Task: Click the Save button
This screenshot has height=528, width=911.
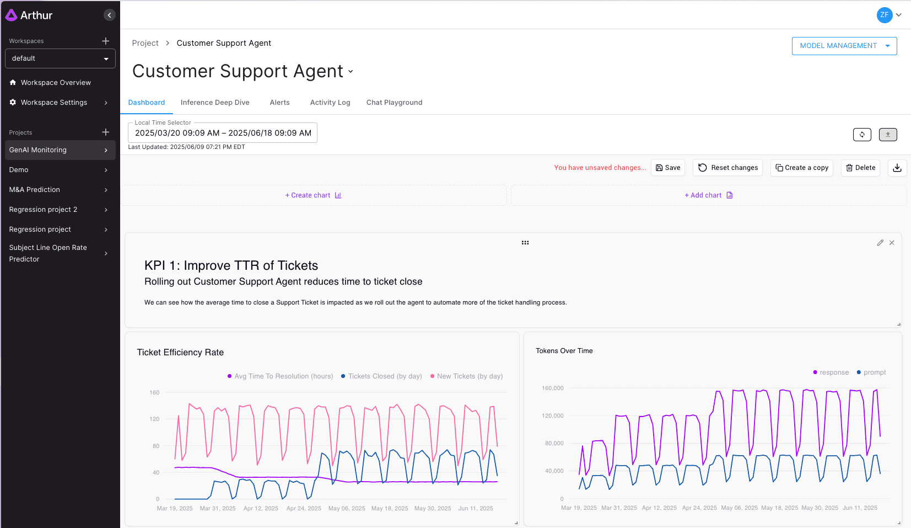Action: pos(667,168)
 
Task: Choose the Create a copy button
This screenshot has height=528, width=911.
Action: pos(802,168)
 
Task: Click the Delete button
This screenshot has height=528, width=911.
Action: pos(860,168)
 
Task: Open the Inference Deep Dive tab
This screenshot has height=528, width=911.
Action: pos(215,103)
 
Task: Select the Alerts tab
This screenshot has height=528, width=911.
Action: pos(279,103)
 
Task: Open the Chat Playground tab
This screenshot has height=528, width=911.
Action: pos(394,103)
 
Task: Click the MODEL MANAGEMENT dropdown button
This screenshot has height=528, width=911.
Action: pos(844,46)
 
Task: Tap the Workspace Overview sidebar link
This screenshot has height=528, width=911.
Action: pos(56,83)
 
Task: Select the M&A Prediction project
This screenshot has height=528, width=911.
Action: pos(35,190)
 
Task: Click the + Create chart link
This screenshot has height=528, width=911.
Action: pos(313,195)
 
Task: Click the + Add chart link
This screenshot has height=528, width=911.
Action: pos(708,195)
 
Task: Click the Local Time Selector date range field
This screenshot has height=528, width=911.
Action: pos(223,133)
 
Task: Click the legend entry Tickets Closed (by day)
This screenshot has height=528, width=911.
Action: pos(384,376)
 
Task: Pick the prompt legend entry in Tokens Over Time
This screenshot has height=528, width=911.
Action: pos(874,372)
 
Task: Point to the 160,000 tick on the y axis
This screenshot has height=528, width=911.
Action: pos(552,388)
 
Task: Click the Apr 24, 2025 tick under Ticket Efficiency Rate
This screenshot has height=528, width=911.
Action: pos(304,509)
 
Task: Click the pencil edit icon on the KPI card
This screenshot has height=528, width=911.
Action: pos(880,243)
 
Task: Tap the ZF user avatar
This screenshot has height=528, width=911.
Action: pos(884,15)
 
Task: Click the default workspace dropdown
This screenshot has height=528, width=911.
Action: pos(60,58)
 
